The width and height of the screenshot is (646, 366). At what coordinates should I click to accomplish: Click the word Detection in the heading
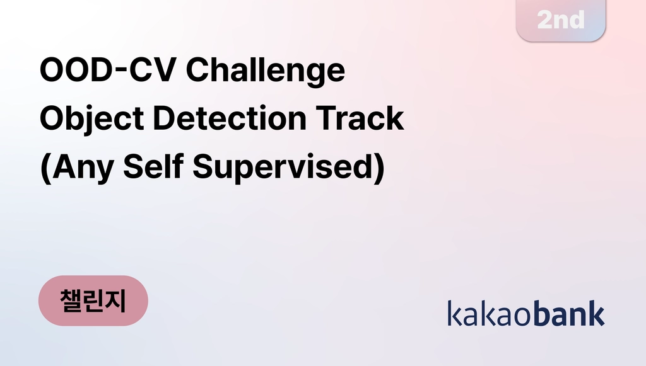click(230, 118)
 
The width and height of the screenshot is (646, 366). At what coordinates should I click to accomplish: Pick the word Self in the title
click(153, 166)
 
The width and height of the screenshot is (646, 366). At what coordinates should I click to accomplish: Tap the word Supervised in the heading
click(283, 167)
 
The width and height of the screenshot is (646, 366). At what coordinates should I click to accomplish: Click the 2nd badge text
click(561, 20)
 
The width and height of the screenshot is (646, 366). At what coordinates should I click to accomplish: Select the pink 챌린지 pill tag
click(93, 300)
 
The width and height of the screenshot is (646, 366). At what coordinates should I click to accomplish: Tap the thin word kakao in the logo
click(490, 313)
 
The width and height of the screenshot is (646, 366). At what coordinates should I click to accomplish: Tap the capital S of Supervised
click(204, 166)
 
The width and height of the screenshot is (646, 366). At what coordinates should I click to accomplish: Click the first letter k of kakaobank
click(455, 313)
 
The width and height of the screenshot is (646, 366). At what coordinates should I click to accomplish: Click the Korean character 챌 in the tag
click(71, 300)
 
